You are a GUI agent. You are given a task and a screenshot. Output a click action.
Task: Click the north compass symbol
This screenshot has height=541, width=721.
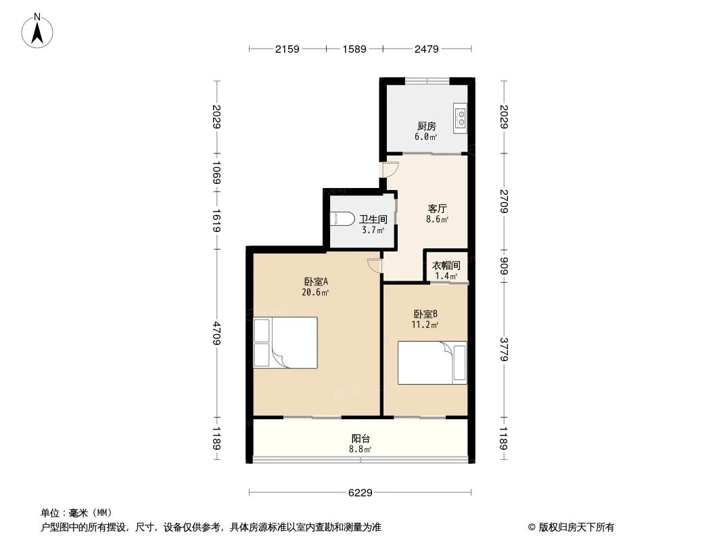coord(39,30)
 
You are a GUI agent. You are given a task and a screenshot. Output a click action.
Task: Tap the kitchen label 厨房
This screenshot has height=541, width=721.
coord(426,126)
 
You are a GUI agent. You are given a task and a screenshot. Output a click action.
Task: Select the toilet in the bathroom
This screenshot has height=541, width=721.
coord(342,220)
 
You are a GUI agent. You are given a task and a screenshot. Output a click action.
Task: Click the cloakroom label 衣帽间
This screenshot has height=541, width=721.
coord(446,266)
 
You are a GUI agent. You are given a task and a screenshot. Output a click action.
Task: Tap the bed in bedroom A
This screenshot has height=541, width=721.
coord(285,343)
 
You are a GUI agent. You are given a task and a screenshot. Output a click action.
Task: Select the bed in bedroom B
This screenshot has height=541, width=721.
coord(432,363)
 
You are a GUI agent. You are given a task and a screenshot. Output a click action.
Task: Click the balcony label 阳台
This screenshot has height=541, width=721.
coord(360,438)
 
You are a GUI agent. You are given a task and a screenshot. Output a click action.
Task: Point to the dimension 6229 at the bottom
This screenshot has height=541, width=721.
coord(360,493)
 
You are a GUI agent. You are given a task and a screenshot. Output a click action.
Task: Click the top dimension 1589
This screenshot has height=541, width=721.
coord(354,49)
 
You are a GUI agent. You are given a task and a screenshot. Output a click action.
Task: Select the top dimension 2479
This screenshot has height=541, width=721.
coord(427,49)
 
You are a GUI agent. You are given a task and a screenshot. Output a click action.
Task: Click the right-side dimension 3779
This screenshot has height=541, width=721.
coord(504,348)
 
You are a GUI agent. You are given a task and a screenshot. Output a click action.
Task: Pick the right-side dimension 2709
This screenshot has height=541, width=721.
coord(504,202)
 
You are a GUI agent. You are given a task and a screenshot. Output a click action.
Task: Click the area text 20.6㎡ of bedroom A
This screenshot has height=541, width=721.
coord(316,293)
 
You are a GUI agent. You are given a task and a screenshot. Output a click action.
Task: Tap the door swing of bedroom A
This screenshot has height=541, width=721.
coord(374,265)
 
